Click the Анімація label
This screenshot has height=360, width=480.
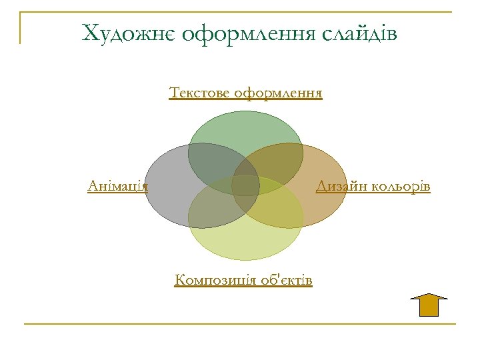117,186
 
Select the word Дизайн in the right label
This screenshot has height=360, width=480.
337,186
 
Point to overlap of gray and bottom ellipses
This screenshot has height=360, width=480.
212,210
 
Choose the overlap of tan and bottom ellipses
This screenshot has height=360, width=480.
279,210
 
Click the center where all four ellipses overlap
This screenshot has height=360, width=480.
245,186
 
